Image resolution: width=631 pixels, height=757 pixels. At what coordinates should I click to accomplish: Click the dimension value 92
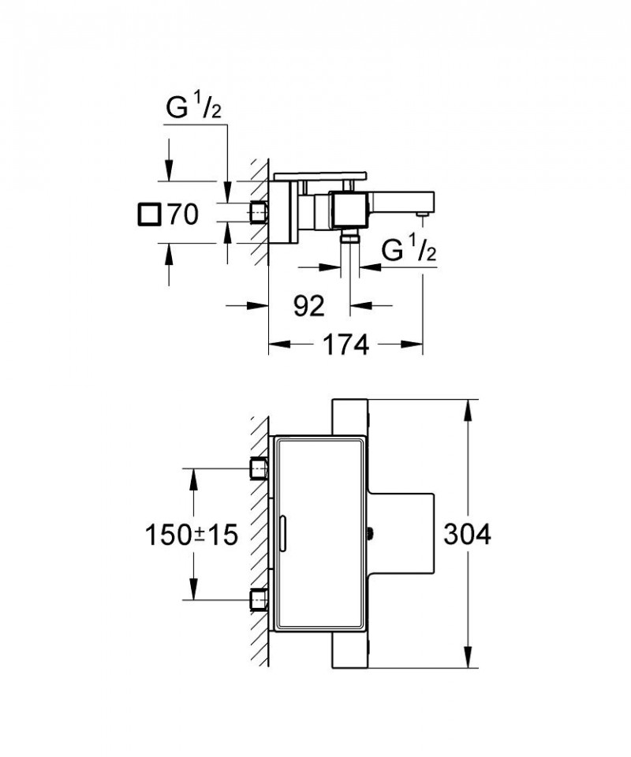(308, 306)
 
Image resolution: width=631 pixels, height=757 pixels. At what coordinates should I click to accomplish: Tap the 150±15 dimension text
(190, 535)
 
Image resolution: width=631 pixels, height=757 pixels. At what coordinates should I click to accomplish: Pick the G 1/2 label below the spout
(409, 252)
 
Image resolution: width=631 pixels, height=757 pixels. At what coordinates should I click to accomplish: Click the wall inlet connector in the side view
(259, 212)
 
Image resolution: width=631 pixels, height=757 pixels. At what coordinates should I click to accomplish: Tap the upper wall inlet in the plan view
(259, 468)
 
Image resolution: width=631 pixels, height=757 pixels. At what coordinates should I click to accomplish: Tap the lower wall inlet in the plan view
(259, 600)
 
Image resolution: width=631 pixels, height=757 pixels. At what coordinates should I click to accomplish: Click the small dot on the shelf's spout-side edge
(371, 534)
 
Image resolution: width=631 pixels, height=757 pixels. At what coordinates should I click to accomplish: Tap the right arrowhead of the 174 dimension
(415, 344)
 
